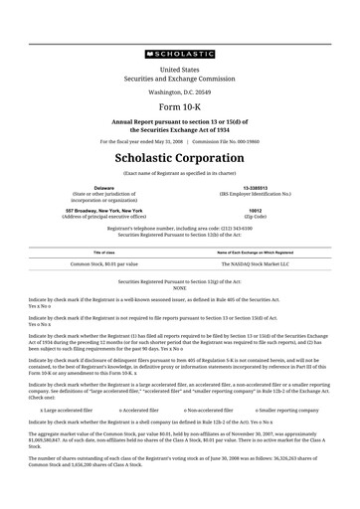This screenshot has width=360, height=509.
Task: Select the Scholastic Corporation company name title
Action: (180, 158)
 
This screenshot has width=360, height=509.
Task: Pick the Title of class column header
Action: (103, 253)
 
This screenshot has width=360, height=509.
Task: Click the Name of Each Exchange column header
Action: (256, 253)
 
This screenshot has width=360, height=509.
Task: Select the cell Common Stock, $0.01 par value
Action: (103, 265)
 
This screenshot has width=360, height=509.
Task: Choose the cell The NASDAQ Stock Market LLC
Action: (256, 265)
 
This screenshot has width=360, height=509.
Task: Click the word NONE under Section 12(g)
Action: (180, 287)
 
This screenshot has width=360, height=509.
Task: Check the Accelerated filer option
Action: (140, 410)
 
